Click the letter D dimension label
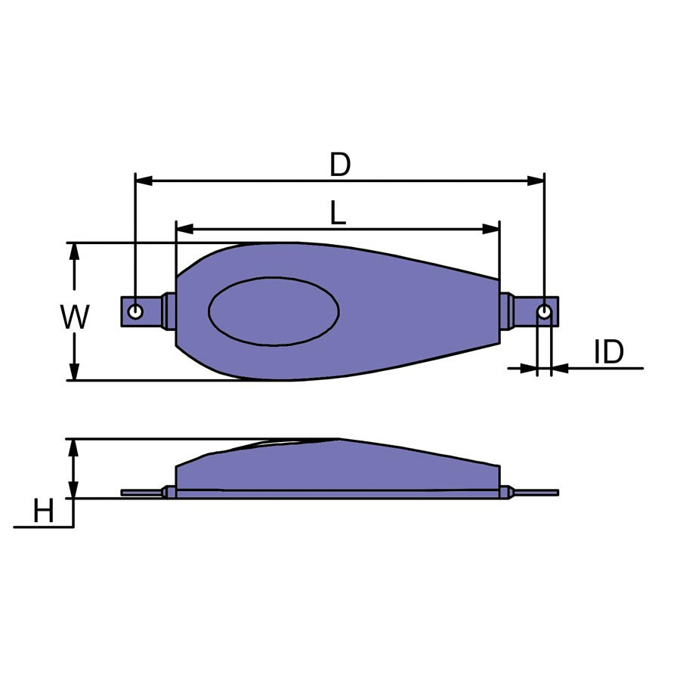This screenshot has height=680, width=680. pyautogui.click(x=339, y=165)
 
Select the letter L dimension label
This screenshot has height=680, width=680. pyautogui.click(x=338, y=213)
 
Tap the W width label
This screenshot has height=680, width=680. pyautogui.click(x=75, y=317)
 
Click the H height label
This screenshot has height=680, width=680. pyautogui.click(x=43, y=511)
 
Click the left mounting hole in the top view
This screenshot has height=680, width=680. pyautogui.click(x=136, y=311)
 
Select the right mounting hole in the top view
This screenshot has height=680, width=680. pyautogui.click(x=544, y=311)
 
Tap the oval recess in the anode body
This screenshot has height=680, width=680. pyautogui.click(x=274, y=311)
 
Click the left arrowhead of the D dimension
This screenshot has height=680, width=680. pyautogui.click(x=144, y=181)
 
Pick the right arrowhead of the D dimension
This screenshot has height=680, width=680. pyautogui.click(x=536, y=181)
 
